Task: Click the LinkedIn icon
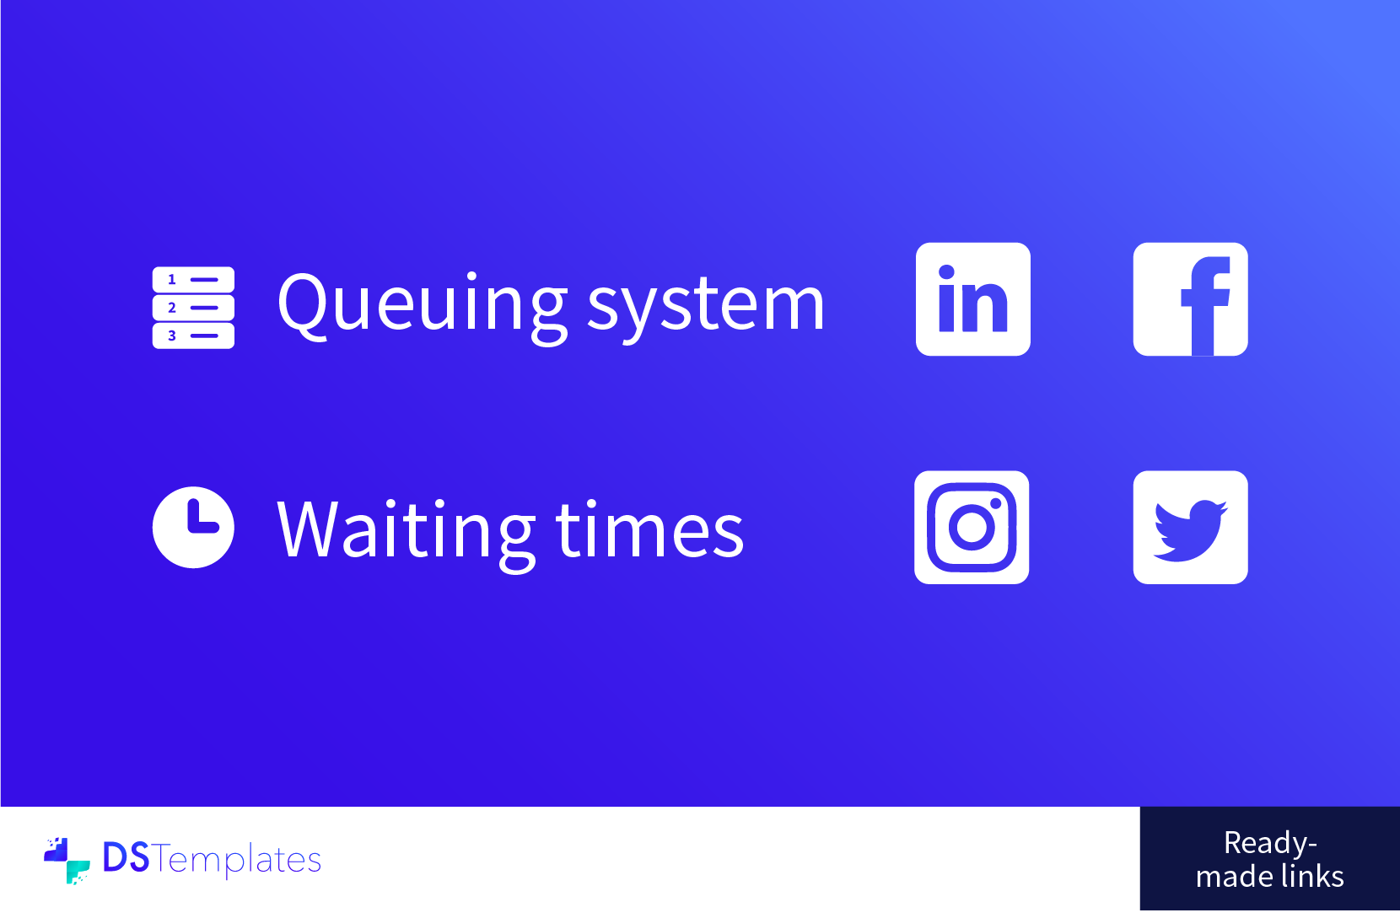tap(973, 299)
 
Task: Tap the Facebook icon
tap(1191, 299)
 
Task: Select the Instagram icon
tap(972, 528)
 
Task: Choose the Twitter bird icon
tap(1191, 528)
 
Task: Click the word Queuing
tap(423, 307)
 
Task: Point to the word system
tap(706, 310)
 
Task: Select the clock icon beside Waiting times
tap(193, 528)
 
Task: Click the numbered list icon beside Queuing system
tap(193, 308)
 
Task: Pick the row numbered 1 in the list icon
tap(193, 280)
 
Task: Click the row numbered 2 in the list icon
tap(193, 308)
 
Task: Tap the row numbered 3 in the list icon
tap(193, 336)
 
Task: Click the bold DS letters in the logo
tap(127, 856)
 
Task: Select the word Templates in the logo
tap(236, 861)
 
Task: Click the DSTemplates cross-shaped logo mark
tap(67, 861)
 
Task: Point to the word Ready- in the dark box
tap(1270, 844)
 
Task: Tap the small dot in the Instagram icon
tap(996, 504)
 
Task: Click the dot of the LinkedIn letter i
tap(946, 272)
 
